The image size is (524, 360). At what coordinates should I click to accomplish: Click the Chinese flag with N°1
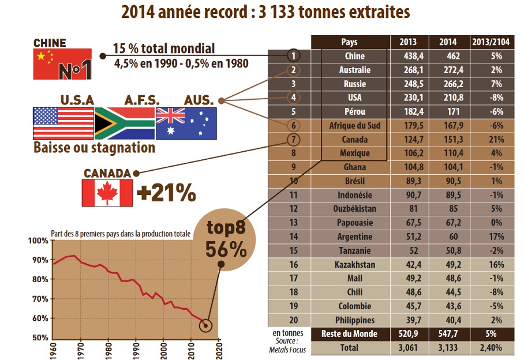[x=63, y=64]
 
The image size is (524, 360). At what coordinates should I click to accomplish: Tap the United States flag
[x=63, y=123]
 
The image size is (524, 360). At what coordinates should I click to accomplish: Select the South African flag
[x=124, y=123]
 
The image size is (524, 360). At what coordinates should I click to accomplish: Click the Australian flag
[x=186, y=123]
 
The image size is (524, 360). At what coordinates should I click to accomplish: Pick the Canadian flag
[x=108, y=193]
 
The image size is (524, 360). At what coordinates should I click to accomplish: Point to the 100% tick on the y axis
[x=40, y=241]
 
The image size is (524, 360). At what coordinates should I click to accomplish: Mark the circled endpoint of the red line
[x=205, y=325]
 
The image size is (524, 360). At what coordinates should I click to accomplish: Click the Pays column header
[x=349, y=42]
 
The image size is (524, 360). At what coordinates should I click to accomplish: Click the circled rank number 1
[x=294, y=56]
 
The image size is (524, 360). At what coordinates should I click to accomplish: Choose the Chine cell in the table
[x=354, y=56]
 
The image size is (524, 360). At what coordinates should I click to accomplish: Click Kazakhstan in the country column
[x=354, y=265]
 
